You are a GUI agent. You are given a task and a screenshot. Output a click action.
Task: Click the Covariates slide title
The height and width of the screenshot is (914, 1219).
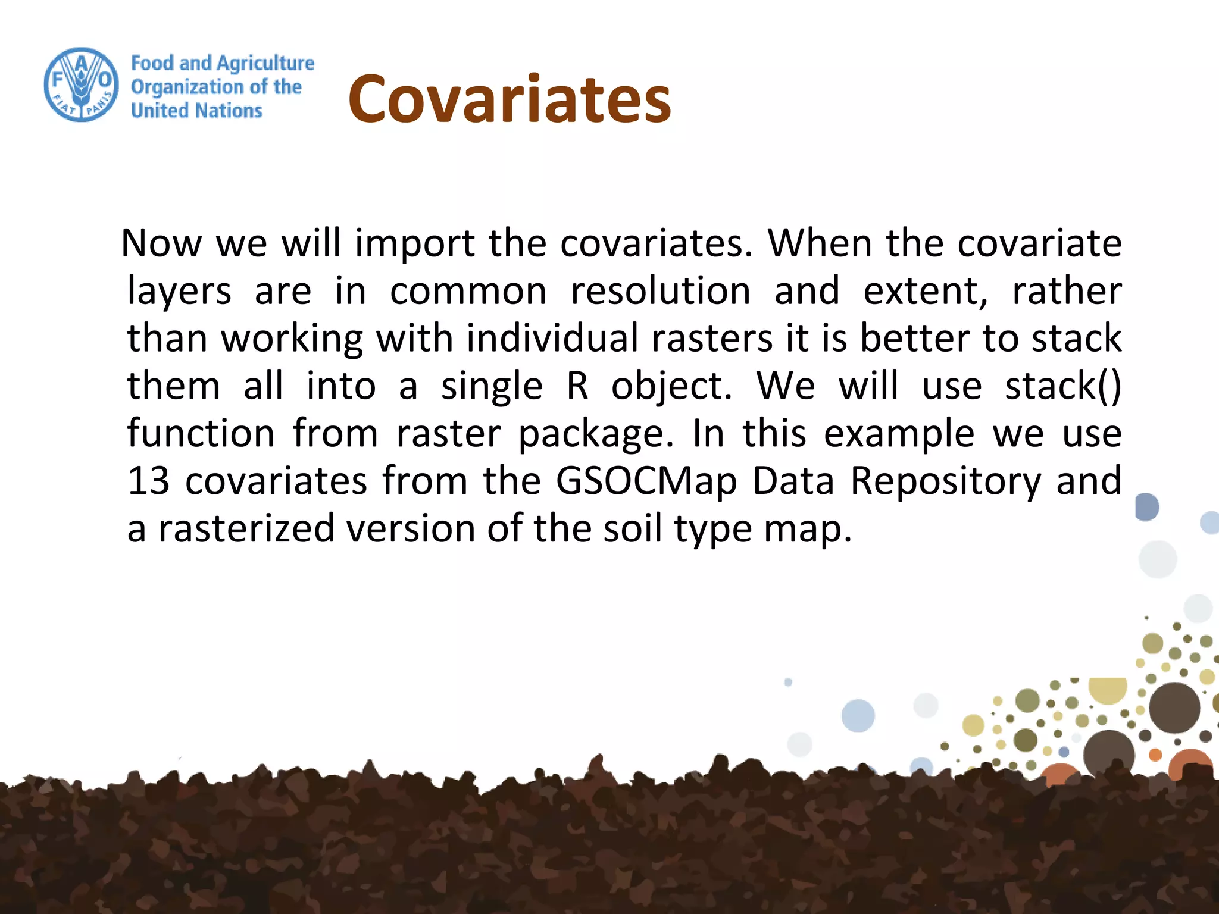(x=510, y=99)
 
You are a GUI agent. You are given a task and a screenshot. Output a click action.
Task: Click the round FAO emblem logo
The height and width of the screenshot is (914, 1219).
(x=82, y=85)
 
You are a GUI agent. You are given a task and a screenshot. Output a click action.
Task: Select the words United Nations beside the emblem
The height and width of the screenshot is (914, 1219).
(x=196, y=111)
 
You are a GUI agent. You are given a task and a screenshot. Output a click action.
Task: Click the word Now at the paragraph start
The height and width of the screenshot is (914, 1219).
(x=161, y=243)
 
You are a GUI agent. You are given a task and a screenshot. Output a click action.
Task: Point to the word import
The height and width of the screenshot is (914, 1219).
(x=415, y=243)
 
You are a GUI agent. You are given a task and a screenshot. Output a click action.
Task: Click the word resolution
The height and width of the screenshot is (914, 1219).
(x=661, y=291)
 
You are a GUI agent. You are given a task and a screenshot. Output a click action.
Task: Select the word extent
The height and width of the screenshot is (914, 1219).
(x=924, y=291)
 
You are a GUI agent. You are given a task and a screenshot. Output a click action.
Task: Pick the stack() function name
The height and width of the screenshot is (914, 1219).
(x=1062, y=386)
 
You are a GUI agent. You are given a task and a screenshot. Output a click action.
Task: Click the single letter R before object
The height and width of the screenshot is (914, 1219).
(x=577, y=386)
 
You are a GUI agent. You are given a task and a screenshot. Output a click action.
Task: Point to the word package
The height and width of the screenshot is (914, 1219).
(x=596, y=434)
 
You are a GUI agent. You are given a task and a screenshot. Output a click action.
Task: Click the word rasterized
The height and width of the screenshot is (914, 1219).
(x=246, y=529)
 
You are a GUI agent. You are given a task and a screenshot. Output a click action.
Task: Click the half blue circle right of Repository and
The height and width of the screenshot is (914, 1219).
(x=1147, y=507)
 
